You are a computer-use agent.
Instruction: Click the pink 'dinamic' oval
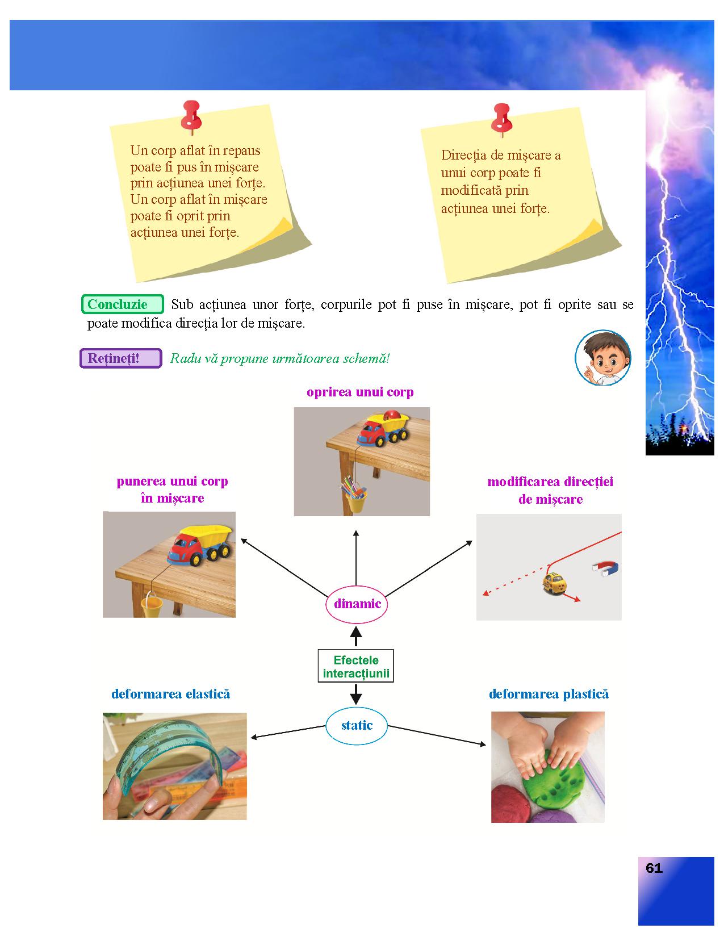click(357, 604)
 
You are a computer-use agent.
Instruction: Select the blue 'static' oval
click(357, 725)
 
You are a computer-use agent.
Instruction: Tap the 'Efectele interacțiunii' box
click(356, 666)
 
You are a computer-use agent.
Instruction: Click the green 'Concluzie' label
click(123, 304)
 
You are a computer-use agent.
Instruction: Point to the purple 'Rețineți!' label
click(121, 358)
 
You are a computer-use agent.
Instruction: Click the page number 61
click(654, 868)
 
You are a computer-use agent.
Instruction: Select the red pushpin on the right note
click(501, 118)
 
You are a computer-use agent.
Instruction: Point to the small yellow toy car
click(554, 583)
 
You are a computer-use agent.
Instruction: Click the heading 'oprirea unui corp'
click(360, 392)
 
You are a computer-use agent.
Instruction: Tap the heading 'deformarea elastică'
click(171, 694)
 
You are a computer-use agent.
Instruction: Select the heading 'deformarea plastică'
click(549, 694)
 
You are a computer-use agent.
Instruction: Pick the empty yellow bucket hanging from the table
click(151, 605)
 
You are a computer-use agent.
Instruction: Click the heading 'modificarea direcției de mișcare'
click(550, 491)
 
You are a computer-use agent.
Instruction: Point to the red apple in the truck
click(391, 415)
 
